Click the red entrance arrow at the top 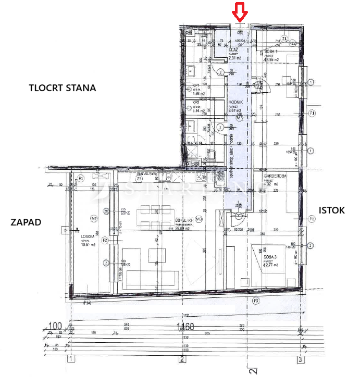click(240, 11)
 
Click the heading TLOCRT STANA click(62, 88)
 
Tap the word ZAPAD click(26, 222)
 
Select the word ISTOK click(331, 210)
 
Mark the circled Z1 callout click(284, 39)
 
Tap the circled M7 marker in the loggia click(94, 218)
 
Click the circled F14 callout click(88, 303)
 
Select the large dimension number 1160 click(185, 327)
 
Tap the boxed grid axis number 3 click(300, 359)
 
